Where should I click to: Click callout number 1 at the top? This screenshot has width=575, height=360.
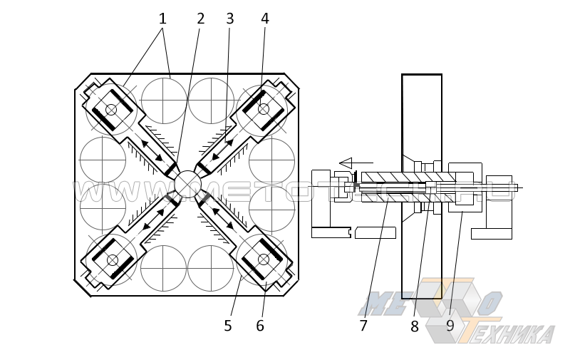click(162, 19)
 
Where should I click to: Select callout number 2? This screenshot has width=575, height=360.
click(201, 19)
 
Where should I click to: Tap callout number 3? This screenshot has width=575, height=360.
click(229, 19)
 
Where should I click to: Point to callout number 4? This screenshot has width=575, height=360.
click(265, 19)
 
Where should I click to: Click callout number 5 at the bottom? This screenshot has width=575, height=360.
click(227, 326)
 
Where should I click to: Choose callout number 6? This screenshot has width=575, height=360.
click(260, 326)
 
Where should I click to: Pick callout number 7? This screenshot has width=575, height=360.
click(363, 326)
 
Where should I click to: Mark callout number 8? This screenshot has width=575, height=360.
click(415, 326)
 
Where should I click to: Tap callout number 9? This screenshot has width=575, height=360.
click(450, 326)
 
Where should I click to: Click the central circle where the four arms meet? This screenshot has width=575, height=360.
click(187, 184)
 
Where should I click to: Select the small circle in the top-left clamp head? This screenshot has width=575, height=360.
click(111, 109)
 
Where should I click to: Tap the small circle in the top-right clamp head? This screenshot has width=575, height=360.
click(264, 108)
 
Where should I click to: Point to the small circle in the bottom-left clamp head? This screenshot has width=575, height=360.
click(113, 260)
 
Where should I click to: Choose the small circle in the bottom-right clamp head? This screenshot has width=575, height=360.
click(264, 259)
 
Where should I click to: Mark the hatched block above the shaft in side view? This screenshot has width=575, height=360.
click(406, 177)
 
